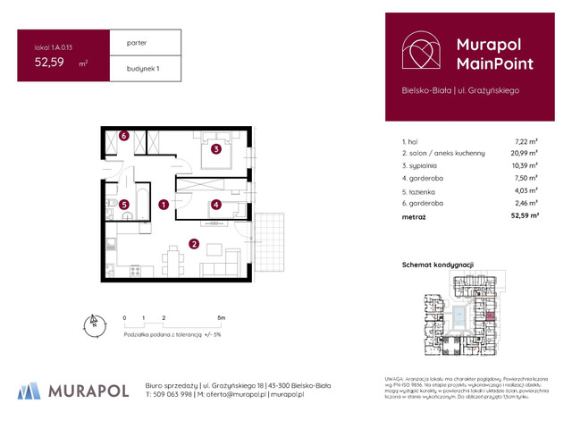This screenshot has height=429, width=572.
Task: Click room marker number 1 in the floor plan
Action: pos(164,205)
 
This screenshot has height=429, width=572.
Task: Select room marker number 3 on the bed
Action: pos(216,149)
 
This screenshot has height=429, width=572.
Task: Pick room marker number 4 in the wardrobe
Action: pos(216,205)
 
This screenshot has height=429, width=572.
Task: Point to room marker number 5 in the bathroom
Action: pos(124,205)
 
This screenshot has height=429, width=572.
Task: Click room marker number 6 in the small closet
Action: pos(124,136)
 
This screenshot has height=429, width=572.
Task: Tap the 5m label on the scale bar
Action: pos(220,317)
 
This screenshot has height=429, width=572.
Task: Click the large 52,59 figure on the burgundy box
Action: pos(49,62)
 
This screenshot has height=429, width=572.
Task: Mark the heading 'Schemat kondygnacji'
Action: pos(438,265)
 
